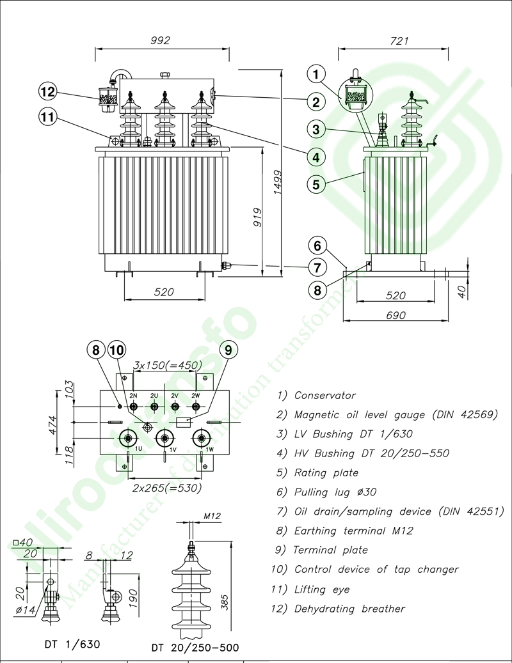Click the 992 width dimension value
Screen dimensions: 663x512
click(160, 40)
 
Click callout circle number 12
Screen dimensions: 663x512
click(48, 91)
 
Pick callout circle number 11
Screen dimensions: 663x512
click(48, 116)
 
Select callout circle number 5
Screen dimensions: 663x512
click(316, 184)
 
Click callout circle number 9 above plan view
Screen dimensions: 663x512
click(228, 349)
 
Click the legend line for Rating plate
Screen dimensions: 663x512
click(326, 473)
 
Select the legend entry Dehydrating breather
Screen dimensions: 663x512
click(349, 609)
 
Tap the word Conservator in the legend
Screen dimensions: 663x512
click(324, 395)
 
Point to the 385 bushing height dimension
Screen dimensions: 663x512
click(225, 598)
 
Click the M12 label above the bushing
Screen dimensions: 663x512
click(212, 516)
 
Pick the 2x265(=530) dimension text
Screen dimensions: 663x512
click(167, 487)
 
